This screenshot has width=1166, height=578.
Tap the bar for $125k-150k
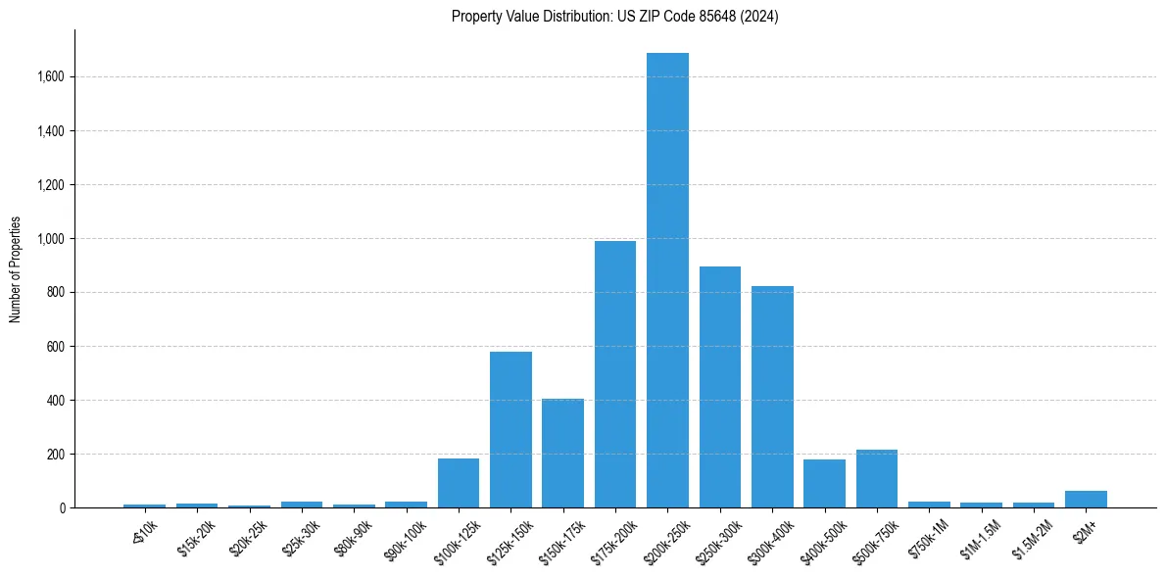(x=510, y=430)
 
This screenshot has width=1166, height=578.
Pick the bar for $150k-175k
(x=562, y=454)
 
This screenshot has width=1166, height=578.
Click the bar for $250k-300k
(x=720, y=387)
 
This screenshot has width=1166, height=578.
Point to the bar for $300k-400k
(x=772, y=397)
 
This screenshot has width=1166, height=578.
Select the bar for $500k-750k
(x=877, y=479)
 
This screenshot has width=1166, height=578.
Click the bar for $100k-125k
(x=459, y=483)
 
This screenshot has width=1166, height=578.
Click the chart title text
(x=615, y=17)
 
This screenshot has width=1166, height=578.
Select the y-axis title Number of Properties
(x=16, y=269)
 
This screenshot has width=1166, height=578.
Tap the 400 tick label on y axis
(x=55, y=401)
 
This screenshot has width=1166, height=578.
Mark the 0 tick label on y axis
(x=61, y=508)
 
